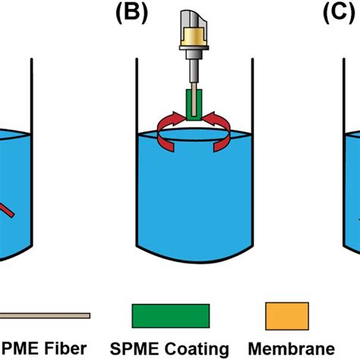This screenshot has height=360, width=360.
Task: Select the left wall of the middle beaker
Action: pos(137,152)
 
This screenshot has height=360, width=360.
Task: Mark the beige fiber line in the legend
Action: pos(46,315)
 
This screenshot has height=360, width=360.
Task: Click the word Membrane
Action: pos(292,349)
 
